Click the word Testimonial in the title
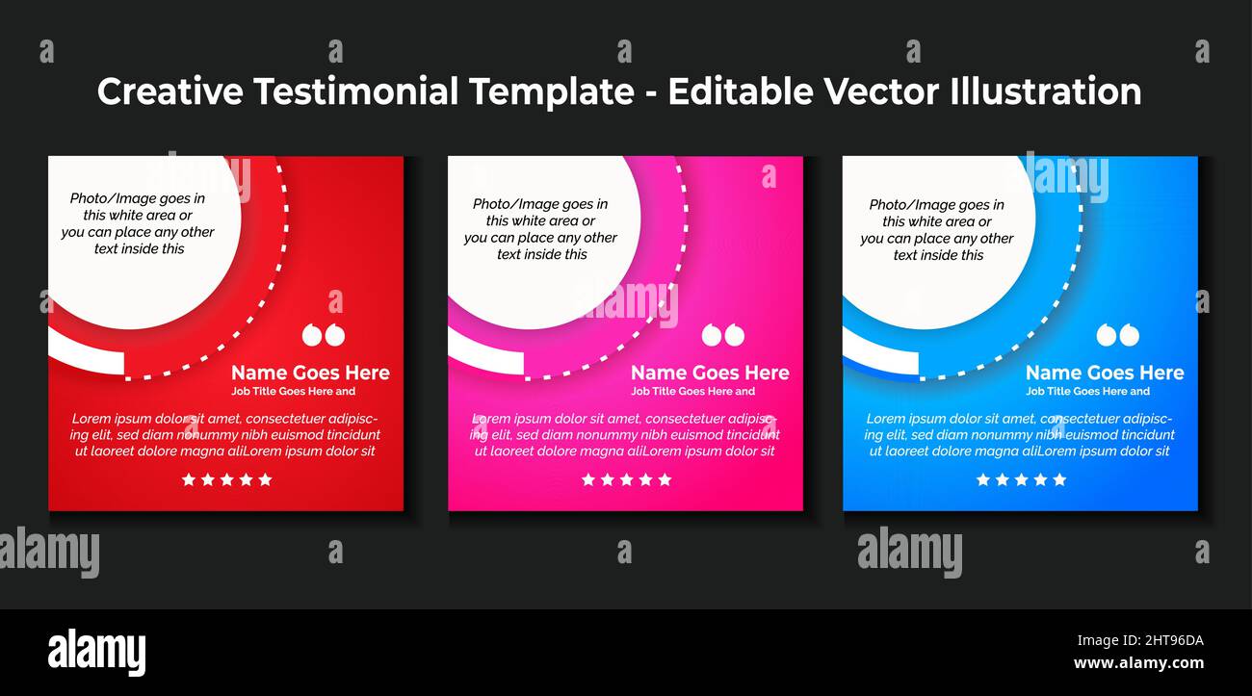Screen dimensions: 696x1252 [x=356, y=91]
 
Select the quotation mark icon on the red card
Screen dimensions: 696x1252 [x=323, y=335]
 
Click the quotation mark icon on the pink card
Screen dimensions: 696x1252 [x=722, y=335]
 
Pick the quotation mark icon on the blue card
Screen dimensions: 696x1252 [x=1117, y=335]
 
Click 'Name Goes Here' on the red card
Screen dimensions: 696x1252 [x=310, y=373]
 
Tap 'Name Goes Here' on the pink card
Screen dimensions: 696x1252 [x=710, y=373]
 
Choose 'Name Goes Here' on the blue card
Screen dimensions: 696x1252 [x=1105, y=373]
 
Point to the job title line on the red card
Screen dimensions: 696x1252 [x=294, y=391]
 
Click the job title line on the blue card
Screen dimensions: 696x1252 [x=1087, y=391]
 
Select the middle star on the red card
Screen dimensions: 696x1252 [x=226, y=479]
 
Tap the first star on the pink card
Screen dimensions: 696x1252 [x=588, y=479]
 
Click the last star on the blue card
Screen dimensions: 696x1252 [x=1059, y=479]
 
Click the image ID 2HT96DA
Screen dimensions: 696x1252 [x=1139, y=640]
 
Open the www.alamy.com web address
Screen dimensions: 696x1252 [x=1138, y=662]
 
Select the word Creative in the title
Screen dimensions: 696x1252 [x=170, y=91]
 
